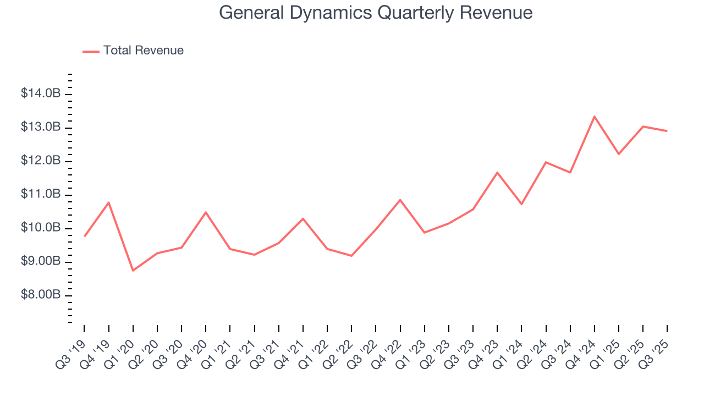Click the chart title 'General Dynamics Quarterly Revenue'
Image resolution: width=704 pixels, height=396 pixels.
click(376, 12)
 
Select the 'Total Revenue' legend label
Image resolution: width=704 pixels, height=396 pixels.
click(143, 51)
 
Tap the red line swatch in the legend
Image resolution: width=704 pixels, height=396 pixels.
click(91, 51)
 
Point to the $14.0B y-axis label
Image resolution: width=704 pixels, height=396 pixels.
click(41, 94)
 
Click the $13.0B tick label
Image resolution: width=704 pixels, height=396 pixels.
click(41, 128)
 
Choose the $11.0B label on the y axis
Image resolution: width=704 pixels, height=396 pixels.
click(41, 195)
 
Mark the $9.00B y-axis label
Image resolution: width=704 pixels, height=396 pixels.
click(41, 262)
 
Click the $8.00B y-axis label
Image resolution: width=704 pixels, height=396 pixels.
click(41, 295)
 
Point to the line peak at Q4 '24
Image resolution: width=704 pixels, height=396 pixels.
click(595, 117)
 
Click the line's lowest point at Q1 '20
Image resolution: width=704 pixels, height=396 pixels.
click(133, 270)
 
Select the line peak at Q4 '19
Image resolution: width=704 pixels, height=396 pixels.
click(108, 202)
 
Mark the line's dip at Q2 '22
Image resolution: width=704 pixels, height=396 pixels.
click(351, 256)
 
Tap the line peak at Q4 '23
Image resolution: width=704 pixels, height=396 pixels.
click(497, 173)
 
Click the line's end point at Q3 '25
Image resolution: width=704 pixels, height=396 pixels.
click(667, 131)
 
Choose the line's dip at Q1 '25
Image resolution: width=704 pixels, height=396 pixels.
click(619, 154)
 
